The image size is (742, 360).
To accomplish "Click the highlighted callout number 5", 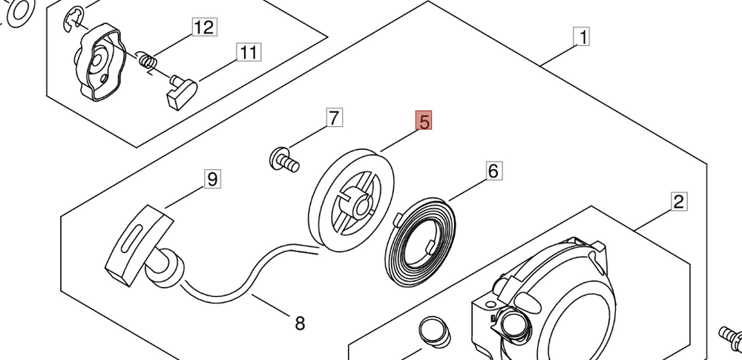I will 424,122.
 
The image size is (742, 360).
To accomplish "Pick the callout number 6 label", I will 493,171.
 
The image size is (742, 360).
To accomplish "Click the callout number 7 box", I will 334,117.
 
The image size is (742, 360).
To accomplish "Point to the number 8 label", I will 299,323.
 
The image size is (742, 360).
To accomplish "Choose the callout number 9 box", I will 212,179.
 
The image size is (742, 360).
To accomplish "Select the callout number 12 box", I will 203,28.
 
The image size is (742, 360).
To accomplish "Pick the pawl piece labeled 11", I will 180,92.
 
